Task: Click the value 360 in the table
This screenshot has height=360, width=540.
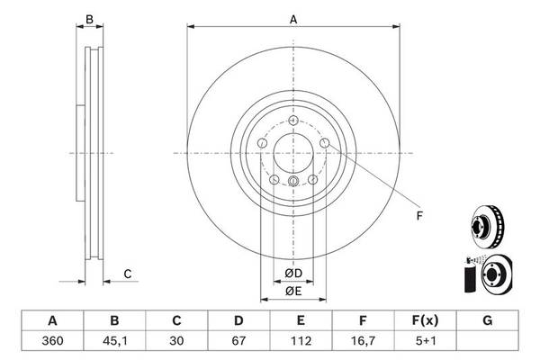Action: click(x=52, y=341)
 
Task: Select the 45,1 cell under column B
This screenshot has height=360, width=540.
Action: click(x=114, y=341)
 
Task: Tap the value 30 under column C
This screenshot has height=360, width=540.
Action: click(x=176, y=341)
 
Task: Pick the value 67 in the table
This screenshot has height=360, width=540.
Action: click(x=238, y=341)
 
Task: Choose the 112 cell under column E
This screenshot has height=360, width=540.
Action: click(x=301, y=341)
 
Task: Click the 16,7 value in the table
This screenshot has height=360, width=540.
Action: click(x=363, y=341)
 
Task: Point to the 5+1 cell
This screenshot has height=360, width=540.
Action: click(x=426, y=341)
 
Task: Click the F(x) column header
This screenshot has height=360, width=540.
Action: click(x=426, y=320)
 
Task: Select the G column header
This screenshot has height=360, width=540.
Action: click(x=487, y=320)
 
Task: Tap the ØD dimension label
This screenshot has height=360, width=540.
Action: click(x=293, y=274)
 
